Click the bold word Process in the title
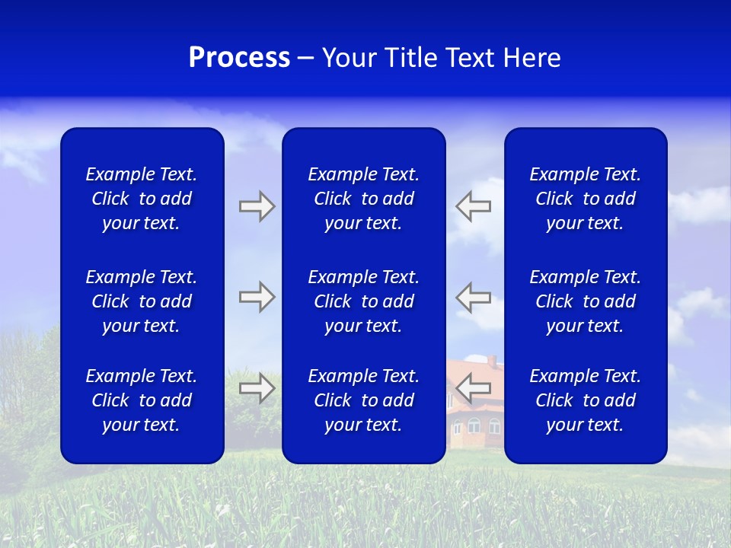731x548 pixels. coord(239,58)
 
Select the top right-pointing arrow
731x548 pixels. coord(257,206)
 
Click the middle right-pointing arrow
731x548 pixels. coord(257,297)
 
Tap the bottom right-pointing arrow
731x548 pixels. coord(257,388)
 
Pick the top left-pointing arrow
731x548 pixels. coord(473,206)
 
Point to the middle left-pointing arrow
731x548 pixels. coord(473,297)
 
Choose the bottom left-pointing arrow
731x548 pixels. coord(473,388)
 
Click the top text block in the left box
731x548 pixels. coord(142,199)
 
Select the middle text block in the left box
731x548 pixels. coord(142,301)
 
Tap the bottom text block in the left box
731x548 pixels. coord(142,400)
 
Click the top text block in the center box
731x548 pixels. coord(363,199)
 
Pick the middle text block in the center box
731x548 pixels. coord(363,301)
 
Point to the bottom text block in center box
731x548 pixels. coord(363,400)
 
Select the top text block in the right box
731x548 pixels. coord(585,199)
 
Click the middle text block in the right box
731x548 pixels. coord(585,301)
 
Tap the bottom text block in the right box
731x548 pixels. coord(585,400)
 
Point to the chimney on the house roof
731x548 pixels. coord(491,359)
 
